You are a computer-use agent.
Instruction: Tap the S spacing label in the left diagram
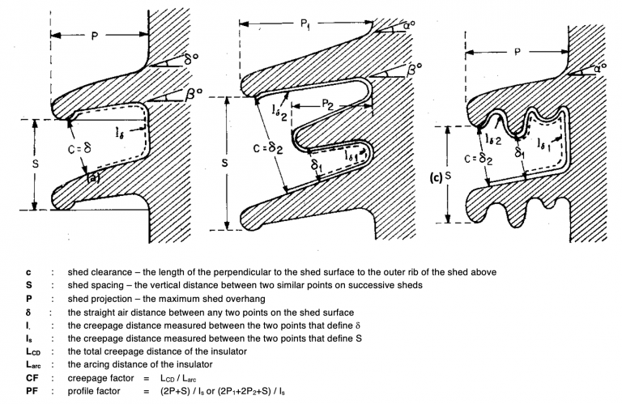click(x=22, y=164)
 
